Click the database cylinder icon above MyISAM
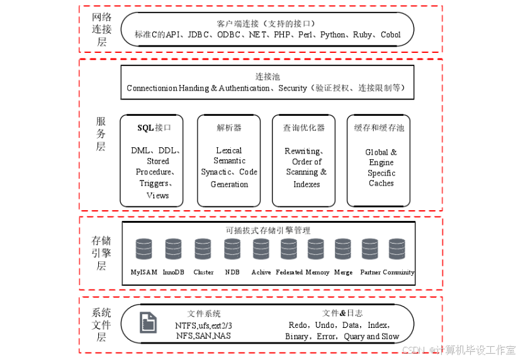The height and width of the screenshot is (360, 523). click(x=144, y=249)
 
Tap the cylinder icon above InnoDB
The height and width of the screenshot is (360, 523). click(x=173, y=249)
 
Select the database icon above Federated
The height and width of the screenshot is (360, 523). click(x=289, y=249)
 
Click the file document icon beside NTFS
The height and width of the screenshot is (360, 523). click(x=148, y=323)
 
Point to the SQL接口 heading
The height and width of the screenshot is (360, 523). click(x=154, y=128)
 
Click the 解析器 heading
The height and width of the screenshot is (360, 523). click(x=229, y=128)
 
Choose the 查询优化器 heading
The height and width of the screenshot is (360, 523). click(x=304, y=128)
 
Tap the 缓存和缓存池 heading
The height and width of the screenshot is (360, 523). click(x=379, y=128)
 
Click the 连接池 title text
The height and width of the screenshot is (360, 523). click(x=267, y=76)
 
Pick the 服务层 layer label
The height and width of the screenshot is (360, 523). click(x=101, y=134)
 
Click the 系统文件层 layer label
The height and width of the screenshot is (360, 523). click(x=101, y=325)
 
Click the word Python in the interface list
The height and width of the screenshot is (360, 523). click(x=333, y=35)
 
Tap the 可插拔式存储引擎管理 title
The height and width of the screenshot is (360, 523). click(x=267, y=230)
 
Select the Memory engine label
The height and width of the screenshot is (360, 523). click(x=317, y=273)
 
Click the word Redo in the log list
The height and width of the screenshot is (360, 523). click(x=298, y=325)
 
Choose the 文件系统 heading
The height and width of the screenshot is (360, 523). click(x=204, y=313)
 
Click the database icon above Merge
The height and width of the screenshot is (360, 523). click(x=343, y=249)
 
